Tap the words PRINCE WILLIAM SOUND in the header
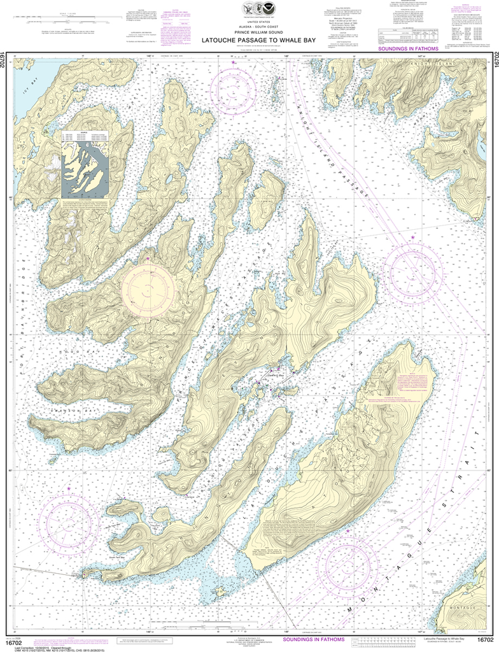(x=250, y=32)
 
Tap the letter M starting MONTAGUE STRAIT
(x=349, y=611)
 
